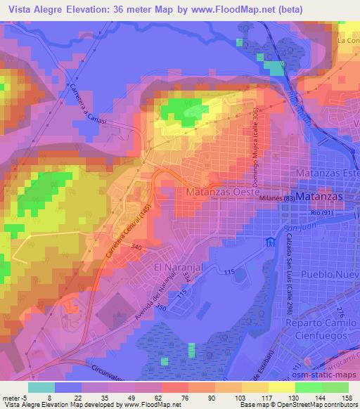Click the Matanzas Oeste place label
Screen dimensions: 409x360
pyautogui.click(x=223, y=191)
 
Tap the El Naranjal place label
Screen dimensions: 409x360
pyautogui.click(x=179, y=268)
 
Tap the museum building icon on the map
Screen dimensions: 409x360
pyautogui.click(x=269, y=243)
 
